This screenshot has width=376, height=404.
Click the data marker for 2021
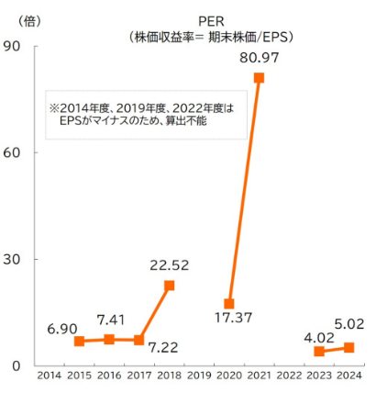point(259,78)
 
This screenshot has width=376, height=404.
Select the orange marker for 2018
point(169,286)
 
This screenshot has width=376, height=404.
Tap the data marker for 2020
point(229,304)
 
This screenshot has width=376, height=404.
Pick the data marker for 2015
point(79,342)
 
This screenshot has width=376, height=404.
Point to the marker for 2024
point(348,347)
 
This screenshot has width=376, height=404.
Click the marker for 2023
point(318,351)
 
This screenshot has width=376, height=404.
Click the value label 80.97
point(260,58)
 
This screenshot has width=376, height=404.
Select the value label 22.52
point(169,266)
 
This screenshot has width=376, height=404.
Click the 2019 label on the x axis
point(199,376)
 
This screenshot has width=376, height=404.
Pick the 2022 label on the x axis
point(289,376)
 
